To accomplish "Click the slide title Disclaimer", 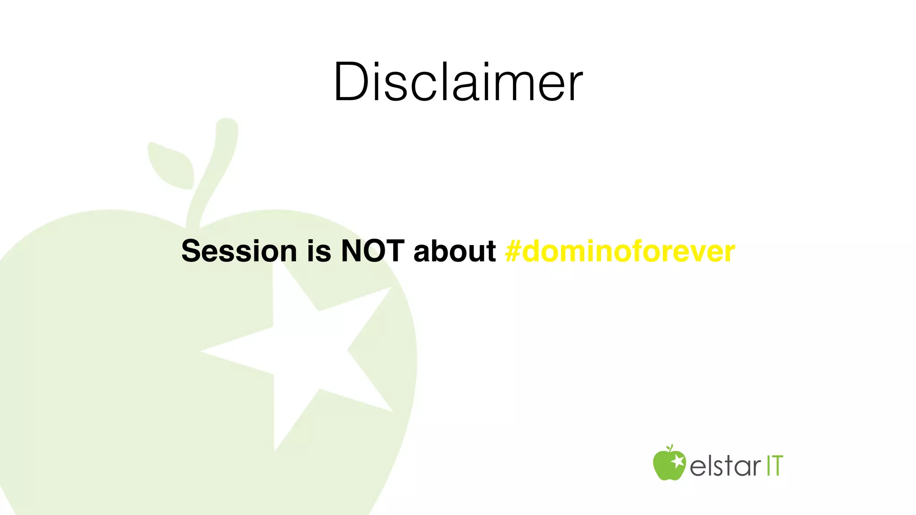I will point(458,83).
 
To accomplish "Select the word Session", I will point(239,251).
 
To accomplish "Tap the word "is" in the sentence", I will point(319,251).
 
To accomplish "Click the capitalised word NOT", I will point(373,251).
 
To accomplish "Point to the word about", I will point(454,251).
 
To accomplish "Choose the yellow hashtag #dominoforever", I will point(620,251).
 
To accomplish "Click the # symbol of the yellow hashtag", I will point(513,251).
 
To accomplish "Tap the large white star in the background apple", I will point(304,353).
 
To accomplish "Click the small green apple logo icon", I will point(669,464).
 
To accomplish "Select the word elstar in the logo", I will point(725,466).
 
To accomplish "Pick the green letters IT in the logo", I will point(775,466).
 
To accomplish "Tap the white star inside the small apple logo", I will point(678,461).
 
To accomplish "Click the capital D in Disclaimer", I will point(349,83).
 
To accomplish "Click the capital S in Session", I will point(191,251).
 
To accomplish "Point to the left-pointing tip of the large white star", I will point(204,351).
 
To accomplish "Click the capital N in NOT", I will point(351,251).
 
